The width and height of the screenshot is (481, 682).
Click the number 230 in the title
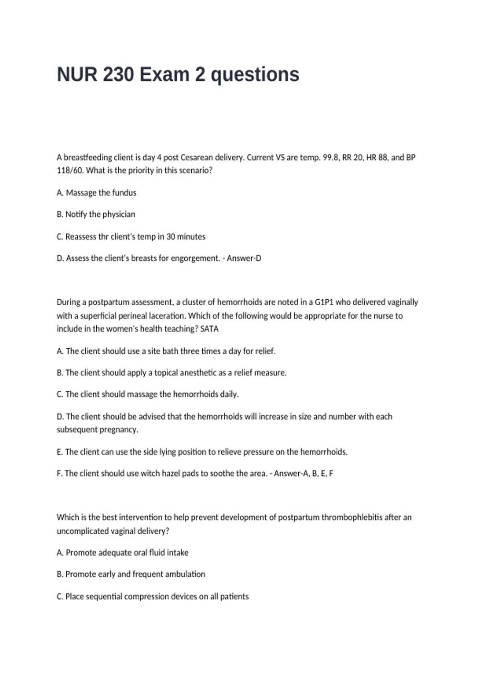118,75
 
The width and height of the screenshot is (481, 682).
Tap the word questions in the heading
255,75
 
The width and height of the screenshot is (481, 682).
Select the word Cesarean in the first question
197,157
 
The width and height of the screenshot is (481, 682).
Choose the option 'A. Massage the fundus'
97,193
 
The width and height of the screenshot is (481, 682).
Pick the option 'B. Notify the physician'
96,214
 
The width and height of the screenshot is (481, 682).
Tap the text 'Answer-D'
244,258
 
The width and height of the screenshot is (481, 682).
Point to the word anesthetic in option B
198,373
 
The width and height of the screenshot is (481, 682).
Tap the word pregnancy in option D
119,430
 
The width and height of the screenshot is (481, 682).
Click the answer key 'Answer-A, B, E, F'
303,473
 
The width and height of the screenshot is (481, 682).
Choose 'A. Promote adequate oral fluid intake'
123,552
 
